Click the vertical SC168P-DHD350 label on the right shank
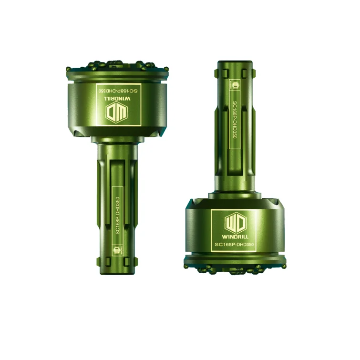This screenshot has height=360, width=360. pyautogui.click(x=236, y=120)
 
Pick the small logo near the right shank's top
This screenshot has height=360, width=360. pyautogui.click(x=236, y=85)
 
